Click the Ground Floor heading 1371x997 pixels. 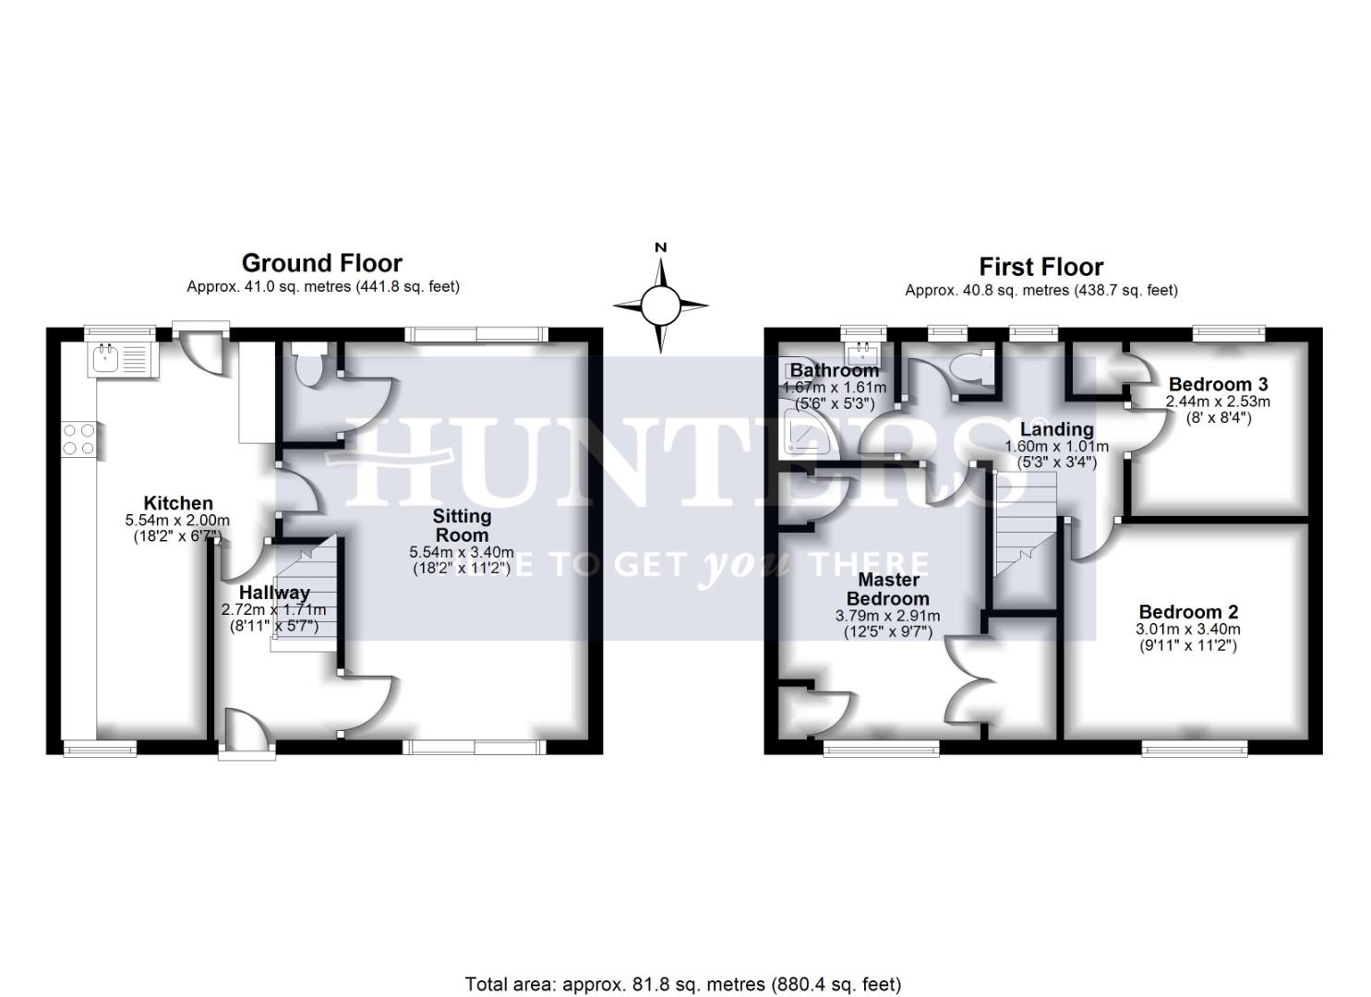pos(321,263)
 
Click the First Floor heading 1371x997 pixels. pos(1040,267)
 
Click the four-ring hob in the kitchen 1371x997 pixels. pos(78,438)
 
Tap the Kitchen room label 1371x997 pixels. pos(178,503)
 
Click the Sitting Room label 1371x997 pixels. pos(462,525)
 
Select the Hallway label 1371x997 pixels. pos(274,592)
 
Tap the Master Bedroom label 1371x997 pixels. pos(888,589)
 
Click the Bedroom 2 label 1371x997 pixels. pos(1188,612)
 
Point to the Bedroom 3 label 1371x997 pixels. pos(1218,384)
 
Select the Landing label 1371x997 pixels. pos(1056,429)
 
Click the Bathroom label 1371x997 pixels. pos(834,371)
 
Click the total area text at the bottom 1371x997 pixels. pos(683,984)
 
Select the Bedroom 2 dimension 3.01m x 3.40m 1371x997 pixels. pos(1188,630)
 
